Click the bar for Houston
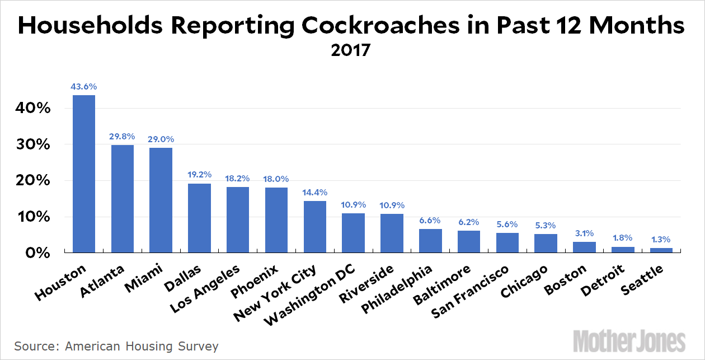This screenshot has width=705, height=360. (x=84, y=174)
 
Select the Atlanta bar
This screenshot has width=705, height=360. (x=122, y=199)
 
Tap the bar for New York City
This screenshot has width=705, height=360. (x=314, y=227)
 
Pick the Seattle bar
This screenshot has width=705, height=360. (x=661, y=250)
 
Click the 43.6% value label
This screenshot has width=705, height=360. (x=84, y=87)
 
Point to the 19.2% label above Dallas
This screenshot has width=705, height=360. (x=199, y=175)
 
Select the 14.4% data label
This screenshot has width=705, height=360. (x=314, y=193)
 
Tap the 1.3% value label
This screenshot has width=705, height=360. (x=661, y=240)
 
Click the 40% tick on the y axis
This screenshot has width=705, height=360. (x=32, y=108)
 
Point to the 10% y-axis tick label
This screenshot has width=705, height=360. (x=32, y=217)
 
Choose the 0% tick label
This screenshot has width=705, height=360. (x=37, y=253)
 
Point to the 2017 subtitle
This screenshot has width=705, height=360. (x=351, y=50)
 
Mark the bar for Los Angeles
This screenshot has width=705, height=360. (x=237, y=220)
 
